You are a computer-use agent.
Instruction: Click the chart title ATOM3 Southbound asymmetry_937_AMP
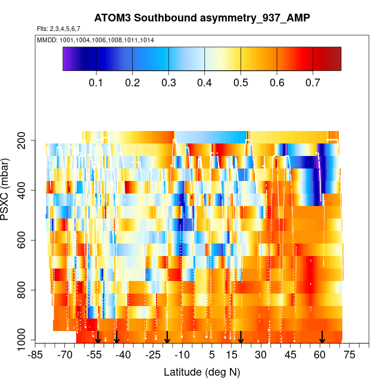(x=201, y=18)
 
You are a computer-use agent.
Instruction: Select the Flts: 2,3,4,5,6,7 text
(x=63, y=29)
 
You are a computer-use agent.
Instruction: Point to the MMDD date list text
(x=96, y=40)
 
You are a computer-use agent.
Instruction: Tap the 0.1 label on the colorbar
(x=97, y=83)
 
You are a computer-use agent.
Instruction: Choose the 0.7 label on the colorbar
(x=313, y=83)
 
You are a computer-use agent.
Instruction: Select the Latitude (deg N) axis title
(x=201, y=372)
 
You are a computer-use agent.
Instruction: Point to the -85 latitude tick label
(x=36, y=355)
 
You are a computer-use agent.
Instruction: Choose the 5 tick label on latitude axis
(x=211, y=355)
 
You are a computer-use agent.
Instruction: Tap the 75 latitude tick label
(x=349, y=355)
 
